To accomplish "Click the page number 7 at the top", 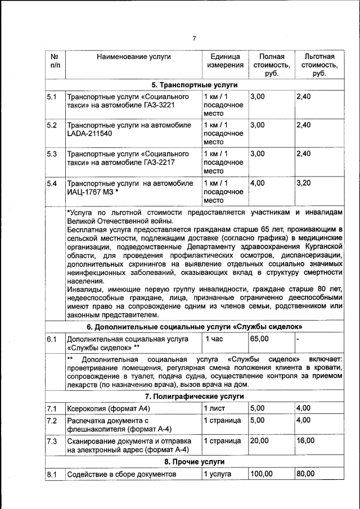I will tap(194, 39).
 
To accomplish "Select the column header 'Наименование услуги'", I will tap(133, 57).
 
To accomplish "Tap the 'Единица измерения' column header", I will tap(225, 61).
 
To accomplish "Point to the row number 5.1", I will tap(52, 97).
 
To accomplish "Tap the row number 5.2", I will tap(52, 125).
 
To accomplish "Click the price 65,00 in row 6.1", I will tap(259, 339).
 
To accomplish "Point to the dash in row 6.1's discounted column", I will tap(298, 339).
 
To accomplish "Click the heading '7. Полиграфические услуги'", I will tap(195, 396).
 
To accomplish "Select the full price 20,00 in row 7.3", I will tap(259, 440).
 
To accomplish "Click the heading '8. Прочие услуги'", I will tap(195, 462).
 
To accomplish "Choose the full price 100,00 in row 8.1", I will tap(262, 475).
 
